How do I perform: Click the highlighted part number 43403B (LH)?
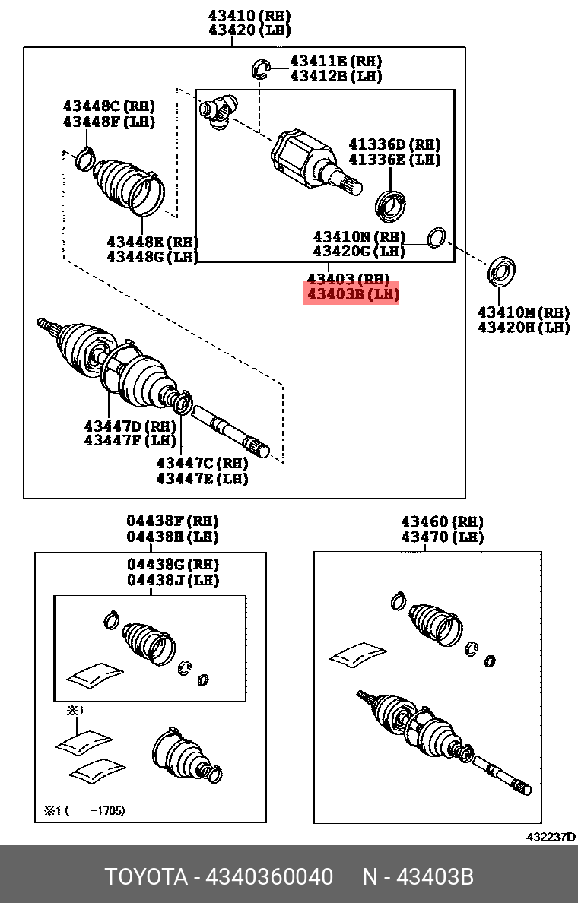point(351,293)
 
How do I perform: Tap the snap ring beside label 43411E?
point(261,69)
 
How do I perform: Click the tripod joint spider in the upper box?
point(218,111)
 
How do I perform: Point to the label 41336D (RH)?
point(394,144)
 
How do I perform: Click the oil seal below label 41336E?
point(392,204)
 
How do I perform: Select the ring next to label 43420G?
point(437,237)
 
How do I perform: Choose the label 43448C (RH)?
point(109,106)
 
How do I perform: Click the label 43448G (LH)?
point(152,256)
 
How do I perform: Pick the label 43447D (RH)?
point(130,426)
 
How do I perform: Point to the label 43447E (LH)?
point(202,478)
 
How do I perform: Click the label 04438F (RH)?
point(172,521)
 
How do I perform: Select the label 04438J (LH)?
point(173,580)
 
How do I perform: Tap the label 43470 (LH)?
point(442,537)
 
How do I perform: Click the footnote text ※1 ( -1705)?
point(84,810)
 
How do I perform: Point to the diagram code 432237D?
point(551,837)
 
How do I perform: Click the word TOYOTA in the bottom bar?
point(146,877)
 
